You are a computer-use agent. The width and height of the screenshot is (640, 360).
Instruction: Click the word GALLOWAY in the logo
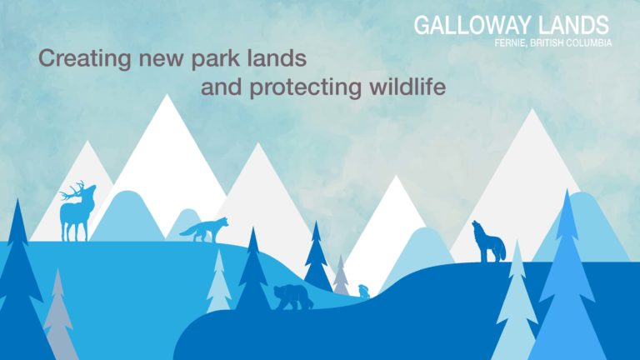pos(472,25)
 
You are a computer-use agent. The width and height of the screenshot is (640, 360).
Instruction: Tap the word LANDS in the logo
pos(573,25)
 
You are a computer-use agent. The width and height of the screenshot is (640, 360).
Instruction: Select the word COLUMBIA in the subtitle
pos(591,42)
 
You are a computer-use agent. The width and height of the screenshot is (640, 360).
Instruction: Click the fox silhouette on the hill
pos(204,230)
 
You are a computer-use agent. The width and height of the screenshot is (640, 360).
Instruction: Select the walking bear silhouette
pos(293,297)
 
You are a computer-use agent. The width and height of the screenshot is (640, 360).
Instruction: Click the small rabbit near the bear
pos(363,291)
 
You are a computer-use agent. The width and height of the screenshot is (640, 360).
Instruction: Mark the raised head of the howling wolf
pos(477,226)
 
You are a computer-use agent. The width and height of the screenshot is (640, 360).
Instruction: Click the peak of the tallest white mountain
pos(167,95)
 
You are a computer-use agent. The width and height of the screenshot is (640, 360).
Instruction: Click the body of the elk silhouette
pos(75,216)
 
